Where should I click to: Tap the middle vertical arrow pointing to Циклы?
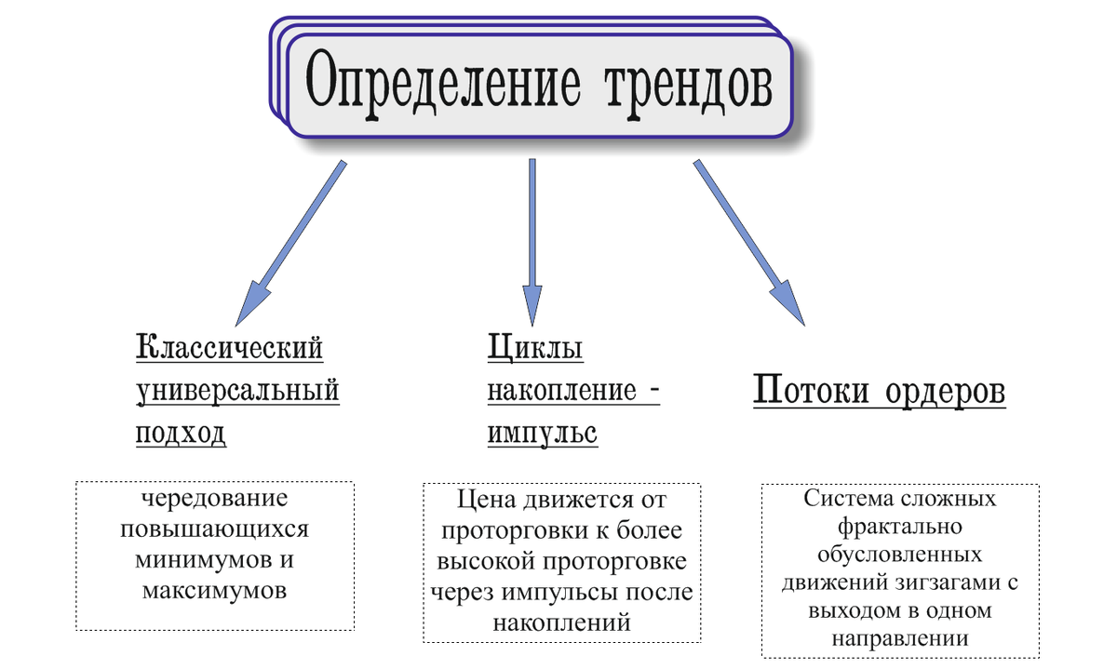point(532,242)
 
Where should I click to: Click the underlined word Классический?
point(230,348)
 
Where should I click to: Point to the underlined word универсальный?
point(237,391)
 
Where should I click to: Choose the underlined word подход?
point(181,434)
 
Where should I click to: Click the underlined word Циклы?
point(535,348)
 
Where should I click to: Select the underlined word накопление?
point(562,391)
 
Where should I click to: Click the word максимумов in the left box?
point(215,590)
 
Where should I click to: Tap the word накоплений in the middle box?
point(562,622)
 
